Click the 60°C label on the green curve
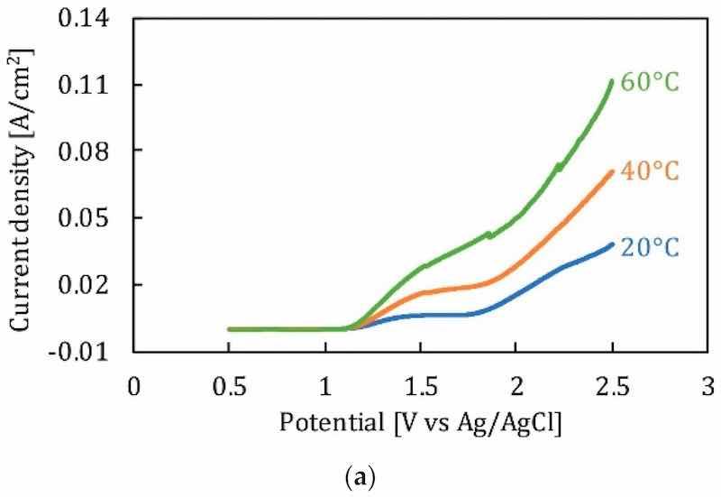click(648, 82)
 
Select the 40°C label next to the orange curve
click(648, 170)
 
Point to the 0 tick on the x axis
click(134, 387)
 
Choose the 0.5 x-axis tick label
click(229, 387)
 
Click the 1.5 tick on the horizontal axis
click(420, 387)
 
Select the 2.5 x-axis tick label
click(611, 387)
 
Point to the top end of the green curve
click(612, 81)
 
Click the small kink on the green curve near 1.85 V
click(489, 235)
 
